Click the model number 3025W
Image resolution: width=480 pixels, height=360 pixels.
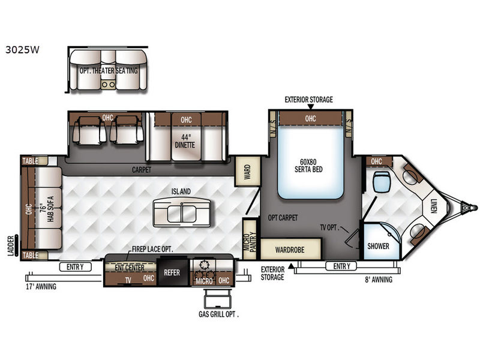[x=22, y=50]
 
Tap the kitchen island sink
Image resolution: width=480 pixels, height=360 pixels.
[x=182, y=213]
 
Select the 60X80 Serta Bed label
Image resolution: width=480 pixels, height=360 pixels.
[x=308, y=166]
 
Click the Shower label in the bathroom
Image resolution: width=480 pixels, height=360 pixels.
[x=379, y=246]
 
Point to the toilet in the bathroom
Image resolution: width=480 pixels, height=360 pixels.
[x=382, y=182]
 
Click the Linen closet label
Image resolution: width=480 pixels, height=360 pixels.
[x=433, y=206]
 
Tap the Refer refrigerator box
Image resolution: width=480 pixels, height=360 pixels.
[x=172, y=272]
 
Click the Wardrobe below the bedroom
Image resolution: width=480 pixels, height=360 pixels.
[x=290, y=250]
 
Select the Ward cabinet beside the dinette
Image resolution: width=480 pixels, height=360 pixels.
[x=247, y=172]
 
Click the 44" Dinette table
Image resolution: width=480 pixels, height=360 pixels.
[x=186, y=141]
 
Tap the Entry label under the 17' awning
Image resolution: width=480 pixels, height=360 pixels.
[x=76, y=267]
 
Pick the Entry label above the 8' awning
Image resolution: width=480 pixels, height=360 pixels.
[x=341, y=266]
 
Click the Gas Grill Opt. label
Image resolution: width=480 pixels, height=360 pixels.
[x=218, y=314]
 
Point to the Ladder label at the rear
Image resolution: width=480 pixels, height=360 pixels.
[x=11, y=246]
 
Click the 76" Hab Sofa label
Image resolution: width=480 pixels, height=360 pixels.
[x=47, y=209]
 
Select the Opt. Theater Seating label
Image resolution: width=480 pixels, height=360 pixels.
[x=109, y=71]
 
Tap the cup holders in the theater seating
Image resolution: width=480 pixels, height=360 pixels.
[x=109, y=85]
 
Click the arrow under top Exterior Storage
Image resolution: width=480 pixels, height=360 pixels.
[x=310, y=107]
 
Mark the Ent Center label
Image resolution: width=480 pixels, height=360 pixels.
[x=130, y=268]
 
